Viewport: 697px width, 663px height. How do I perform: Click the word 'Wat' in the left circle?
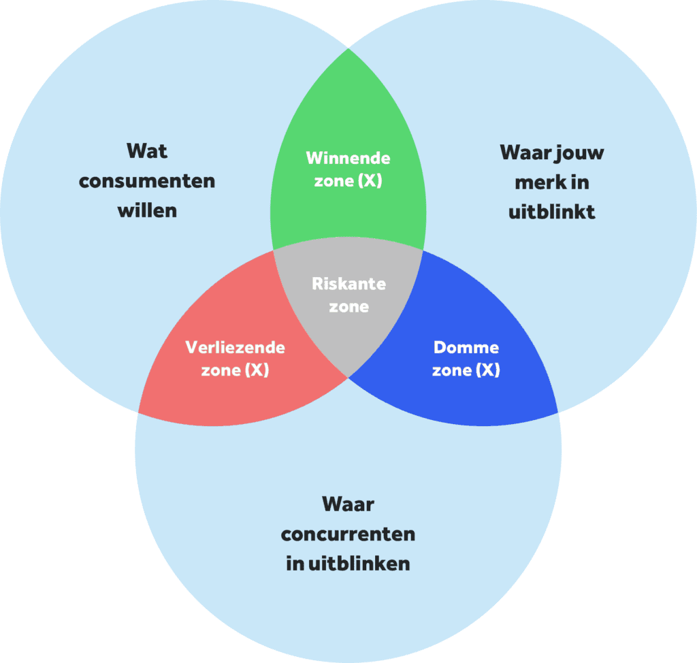pos(146,150)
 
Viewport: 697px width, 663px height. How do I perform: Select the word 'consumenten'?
pos(146,181)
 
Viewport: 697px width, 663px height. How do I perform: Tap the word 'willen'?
pos(147,210)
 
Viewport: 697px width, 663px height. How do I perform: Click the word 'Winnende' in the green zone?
pos(348,158)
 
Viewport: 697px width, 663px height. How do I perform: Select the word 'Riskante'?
pos(348,283)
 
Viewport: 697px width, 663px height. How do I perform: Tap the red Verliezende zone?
pos(204,395)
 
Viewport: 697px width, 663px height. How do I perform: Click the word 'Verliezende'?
pos(235,347)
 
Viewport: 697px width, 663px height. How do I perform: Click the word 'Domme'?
pos(466,348)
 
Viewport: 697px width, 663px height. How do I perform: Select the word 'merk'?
pos(534,182)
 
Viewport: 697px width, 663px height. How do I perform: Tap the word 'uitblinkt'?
pos(552,212)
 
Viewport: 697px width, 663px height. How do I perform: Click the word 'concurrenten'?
pos(348,534)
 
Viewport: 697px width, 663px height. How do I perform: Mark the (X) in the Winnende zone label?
pos(372,182)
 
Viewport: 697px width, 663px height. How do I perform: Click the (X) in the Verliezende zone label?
pos(256,371)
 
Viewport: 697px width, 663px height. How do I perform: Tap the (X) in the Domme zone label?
pos(487,371)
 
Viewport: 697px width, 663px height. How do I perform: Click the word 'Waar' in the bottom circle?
pos(348,504)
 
